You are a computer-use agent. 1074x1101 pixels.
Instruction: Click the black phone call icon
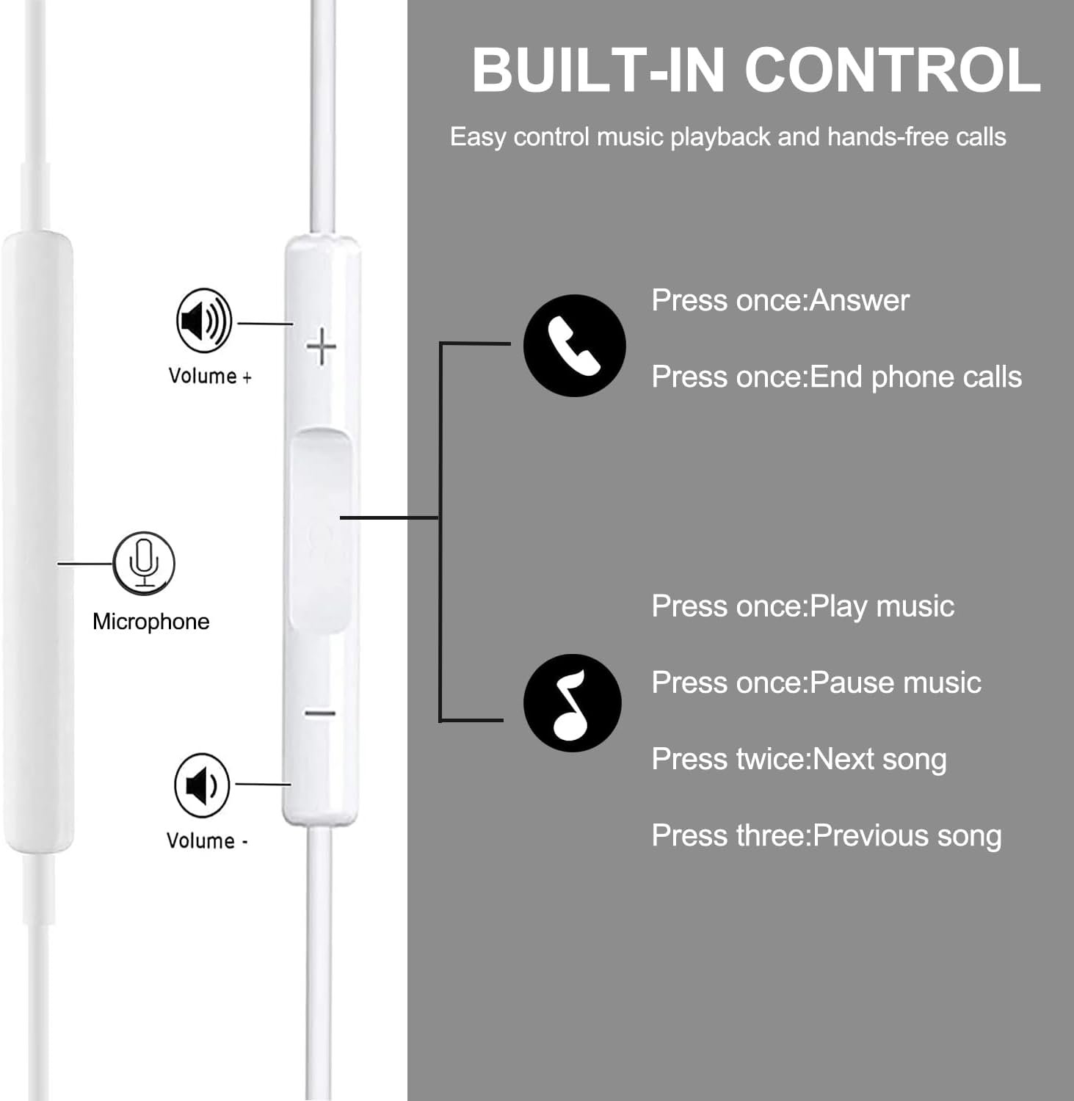(x=574, y=346)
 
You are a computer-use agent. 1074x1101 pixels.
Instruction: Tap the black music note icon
(x=573, y=702)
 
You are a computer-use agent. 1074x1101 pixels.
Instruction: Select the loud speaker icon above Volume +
(x=204, y=321)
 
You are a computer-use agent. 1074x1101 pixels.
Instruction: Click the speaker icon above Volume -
(x=202, y=785)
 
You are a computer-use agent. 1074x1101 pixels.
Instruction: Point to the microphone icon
(x=144, y=563)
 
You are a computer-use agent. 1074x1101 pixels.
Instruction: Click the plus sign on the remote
(x=322, y=347)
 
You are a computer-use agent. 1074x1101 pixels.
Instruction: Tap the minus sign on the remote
(x=320, y=713)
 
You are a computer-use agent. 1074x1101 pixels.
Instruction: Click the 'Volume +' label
(x=210, y=376)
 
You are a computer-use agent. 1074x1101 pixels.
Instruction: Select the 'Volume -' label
(x=207, y=840)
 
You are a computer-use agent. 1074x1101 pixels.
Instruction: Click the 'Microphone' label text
(x=151, y=622)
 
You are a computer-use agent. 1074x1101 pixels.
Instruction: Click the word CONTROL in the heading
(x=893, y=70)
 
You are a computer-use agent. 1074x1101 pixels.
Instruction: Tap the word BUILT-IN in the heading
(x=598, y=70)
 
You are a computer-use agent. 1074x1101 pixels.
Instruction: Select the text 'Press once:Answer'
(x=780, y=300)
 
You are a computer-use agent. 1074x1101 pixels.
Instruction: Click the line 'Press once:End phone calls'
(x=837, y=377)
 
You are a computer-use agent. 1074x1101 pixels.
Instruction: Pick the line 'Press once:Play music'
(x=803, y=606)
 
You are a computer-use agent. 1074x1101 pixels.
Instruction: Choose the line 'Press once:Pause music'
(x=816, y=683)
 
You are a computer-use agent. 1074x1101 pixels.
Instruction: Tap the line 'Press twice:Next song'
(x=799, y=759)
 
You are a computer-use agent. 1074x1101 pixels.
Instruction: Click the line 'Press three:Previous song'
(x=827, y=835)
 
